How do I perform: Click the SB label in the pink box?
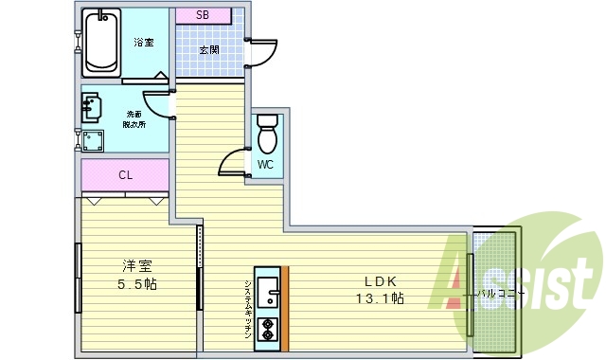pos(203,15)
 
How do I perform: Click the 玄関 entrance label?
pos(210,50)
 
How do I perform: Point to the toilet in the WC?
pos(267,135)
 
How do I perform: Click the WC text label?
pos(266,165)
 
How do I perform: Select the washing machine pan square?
pos(93,141)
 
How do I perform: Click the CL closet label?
pos(125,175)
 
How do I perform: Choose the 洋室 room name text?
pos(136,266)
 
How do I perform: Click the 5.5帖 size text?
pos(136,285)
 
